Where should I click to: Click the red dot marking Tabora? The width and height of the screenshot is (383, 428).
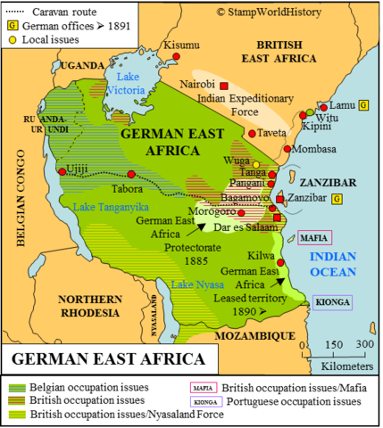point(131,174)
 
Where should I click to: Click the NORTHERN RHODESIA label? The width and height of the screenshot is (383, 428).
point(84,305)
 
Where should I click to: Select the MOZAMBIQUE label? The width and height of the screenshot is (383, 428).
point(259,334)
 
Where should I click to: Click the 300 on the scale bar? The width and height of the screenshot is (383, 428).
point(364,344)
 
